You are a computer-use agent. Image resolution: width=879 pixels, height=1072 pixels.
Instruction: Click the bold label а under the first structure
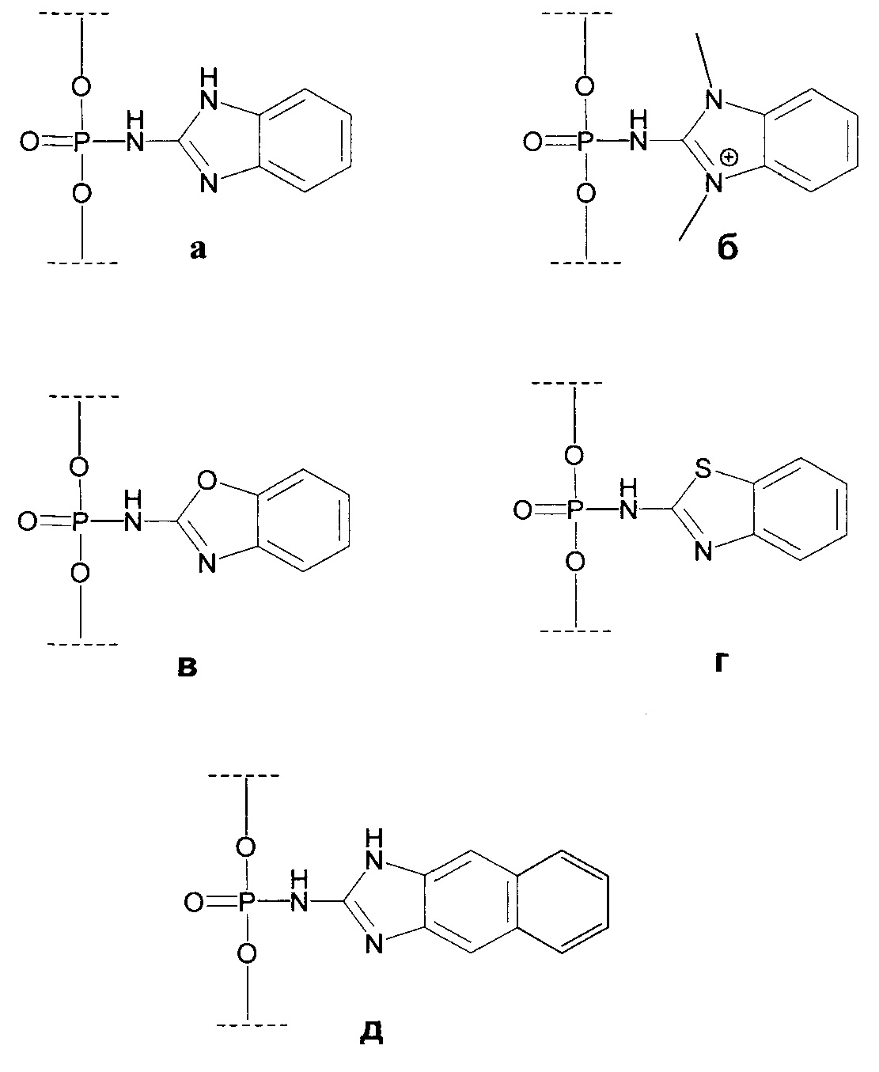click(198, 250)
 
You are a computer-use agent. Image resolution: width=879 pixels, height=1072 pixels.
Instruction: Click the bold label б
click(727, 248)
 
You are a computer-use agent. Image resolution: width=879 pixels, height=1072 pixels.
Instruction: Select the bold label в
click(186, 667)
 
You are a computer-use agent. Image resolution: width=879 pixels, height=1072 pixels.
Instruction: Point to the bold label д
click(370, 1033)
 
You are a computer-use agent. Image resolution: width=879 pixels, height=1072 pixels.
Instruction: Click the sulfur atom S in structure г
click(701, 471)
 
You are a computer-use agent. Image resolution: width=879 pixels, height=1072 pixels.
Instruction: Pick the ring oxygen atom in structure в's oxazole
click(208, 479)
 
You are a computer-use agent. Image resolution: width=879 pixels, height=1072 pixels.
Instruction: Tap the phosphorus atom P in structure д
click(247, 901)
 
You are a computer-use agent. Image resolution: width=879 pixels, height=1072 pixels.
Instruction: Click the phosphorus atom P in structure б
click(585, 142)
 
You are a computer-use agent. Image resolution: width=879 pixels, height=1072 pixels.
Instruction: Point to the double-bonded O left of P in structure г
click(522, 510)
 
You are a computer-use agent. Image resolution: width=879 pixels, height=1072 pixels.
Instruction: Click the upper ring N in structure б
click(714, 100)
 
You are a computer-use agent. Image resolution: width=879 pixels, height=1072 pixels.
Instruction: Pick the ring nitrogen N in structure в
click(208, 563)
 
